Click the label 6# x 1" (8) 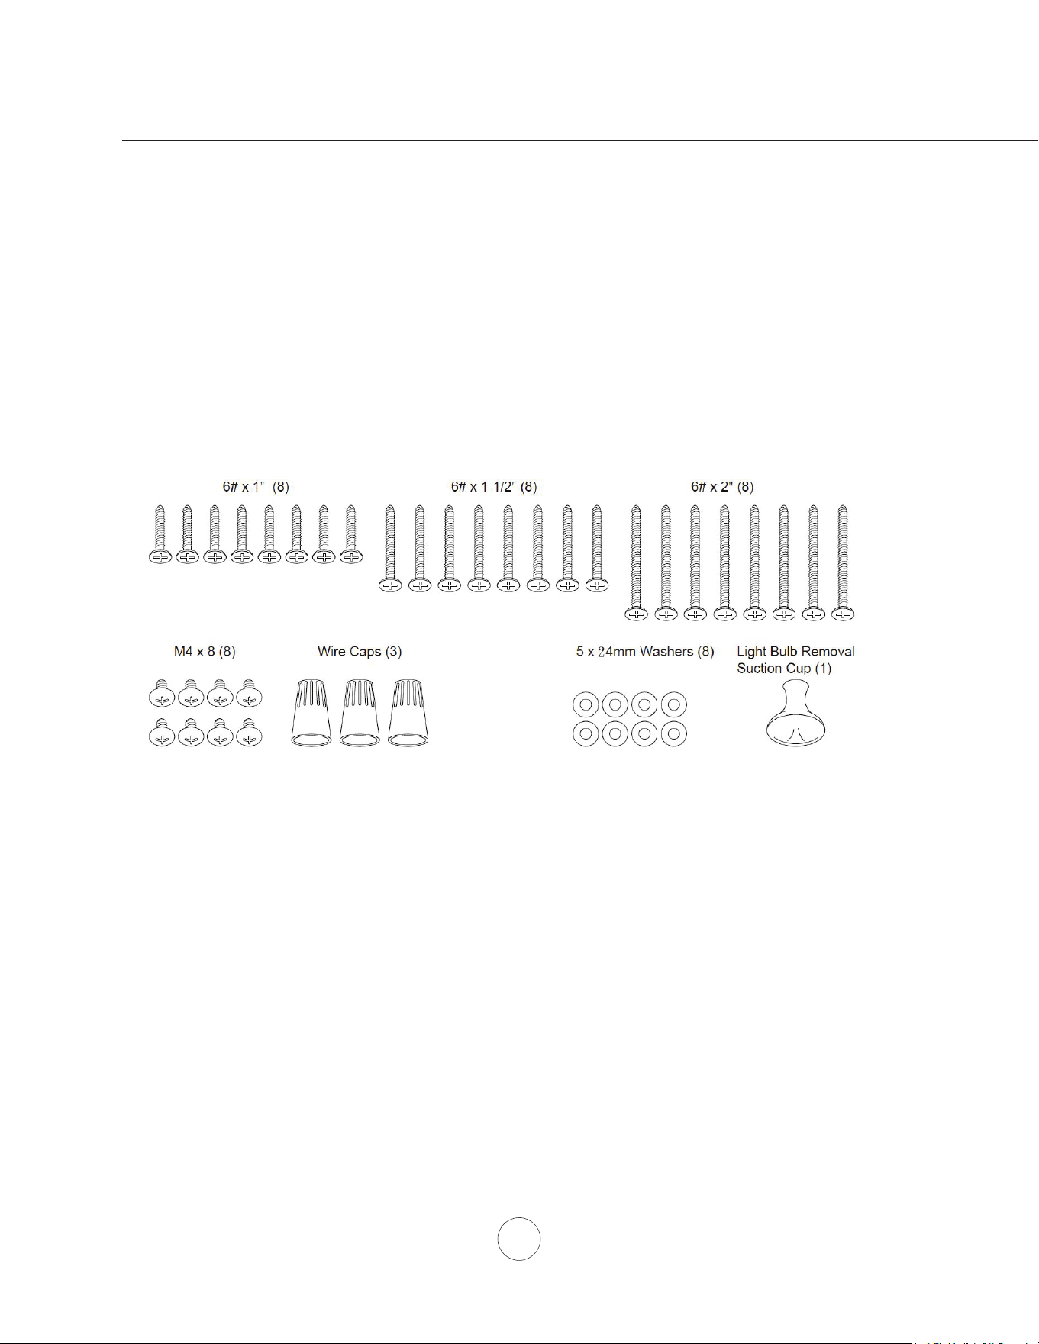tap(256, 486)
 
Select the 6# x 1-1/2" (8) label tap(494, 486)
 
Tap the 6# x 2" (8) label tap(722, 486)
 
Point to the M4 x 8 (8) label tap(205, 652)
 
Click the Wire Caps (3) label tap(360, 652)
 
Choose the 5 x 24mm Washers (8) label tap(645, 652)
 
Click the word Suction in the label tap(762, 669)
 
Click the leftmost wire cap tap(311, 713)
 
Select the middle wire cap tap(360, 713)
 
